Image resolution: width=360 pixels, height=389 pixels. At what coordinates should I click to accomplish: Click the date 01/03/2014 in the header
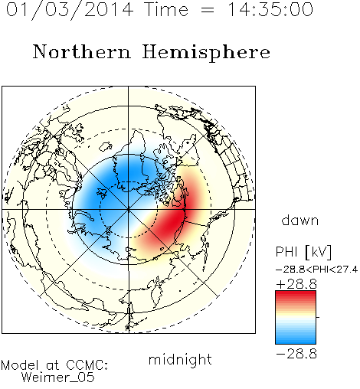70,10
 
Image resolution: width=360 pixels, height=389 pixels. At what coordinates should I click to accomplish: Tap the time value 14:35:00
270,9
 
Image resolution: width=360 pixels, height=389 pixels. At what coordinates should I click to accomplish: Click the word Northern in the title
82,51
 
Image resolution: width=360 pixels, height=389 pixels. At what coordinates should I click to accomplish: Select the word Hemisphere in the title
206,52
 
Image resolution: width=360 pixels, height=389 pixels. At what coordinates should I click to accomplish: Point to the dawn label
300,221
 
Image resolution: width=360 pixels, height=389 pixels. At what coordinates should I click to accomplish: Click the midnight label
180,360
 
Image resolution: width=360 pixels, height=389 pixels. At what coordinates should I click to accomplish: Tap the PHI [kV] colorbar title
303,252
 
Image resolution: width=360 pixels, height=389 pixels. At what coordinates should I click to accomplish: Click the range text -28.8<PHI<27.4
316,270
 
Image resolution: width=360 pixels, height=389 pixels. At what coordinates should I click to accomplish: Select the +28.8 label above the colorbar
296,284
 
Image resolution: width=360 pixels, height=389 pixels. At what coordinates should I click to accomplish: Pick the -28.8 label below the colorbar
296,354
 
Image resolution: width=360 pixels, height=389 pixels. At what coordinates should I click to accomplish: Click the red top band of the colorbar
296,296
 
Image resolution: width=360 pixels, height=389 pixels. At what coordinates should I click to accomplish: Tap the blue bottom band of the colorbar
296,339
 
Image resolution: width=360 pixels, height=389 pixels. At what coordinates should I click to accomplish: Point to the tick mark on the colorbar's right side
318,317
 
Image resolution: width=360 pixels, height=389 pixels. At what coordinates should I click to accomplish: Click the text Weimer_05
58,378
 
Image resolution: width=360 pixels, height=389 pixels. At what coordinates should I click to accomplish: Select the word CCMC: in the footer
87,365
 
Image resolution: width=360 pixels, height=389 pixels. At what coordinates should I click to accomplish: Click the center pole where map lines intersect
128,209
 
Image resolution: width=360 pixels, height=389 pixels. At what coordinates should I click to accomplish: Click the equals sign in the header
208,10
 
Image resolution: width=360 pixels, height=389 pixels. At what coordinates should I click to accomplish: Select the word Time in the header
166,9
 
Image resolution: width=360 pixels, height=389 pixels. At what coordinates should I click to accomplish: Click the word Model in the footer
21,365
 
